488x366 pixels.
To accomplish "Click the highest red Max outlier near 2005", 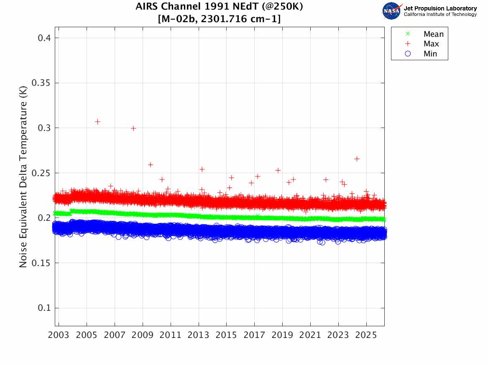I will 97,122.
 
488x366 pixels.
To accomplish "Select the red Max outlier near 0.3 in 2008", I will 133,128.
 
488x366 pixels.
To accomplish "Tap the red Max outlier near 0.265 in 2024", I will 357,159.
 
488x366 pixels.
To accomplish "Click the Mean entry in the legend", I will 433,34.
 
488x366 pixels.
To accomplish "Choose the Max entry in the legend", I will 431,44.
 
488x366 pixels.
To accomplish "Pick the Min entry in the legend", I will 430,54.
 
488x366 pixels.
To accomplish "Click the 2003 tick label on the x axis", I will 59,335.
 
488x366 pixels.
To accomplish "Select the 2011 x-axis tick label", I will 171,335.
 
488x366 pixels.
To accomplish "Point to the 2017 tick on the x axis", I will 254,335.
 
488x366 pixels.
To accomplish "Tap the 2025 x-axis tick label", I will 366,335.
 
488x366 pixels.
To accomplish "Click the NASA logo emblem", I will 392,10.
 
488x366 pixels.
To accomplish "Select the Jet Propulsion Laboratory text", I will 440,8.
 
